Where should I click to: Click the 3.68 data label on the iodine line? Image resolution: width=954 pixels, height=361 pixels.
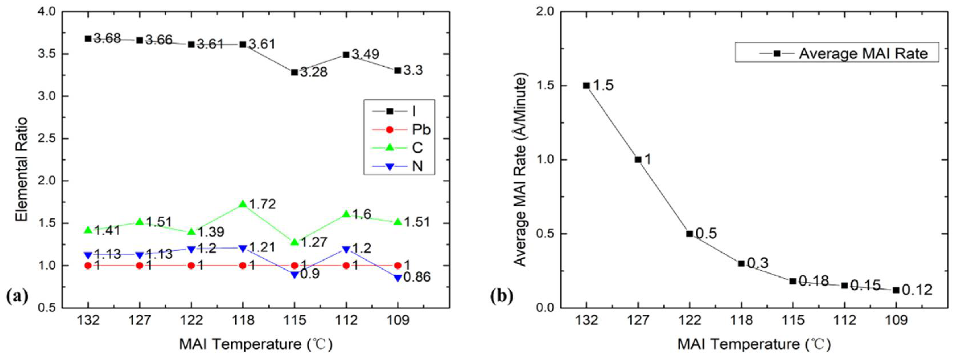click(x=107, y=38)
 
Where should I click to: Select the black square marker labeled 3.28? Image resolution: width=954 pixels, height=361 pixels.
click(x=294, y=72)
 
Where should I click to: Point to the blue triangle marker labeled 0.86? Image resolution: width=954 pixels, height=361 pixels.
click(x=398, y=278)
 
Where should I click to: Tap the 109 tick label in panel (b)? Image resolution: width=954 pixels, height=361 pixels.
click(x=896, y=319)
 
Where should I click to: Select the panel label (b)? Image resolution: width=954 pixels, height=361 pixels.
click(x=502, y=296)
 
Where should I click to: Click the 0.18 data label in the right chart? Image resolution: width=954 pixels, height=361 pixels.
click(x=814, y=281)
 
